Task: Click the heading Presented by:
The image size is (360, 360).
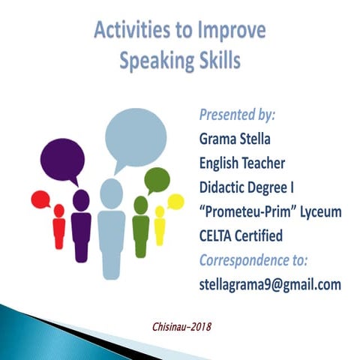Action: coord(237,116)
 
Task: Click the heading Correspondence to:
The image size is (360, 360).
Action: coord(254,260)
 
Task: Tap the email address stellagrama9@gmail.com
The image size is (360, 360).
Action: coord(270,285)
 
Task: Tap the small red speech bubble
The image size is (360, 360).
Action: coord(40,199)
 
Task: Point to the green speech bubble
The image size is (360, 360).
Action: coord(157,180)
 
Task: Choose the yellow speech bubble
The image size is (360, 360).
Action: coord(175,201)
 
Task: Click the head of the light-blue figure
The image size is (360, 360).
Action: coord(111,193)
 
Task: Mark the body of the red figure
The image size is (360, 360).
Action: coord(59,232)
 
